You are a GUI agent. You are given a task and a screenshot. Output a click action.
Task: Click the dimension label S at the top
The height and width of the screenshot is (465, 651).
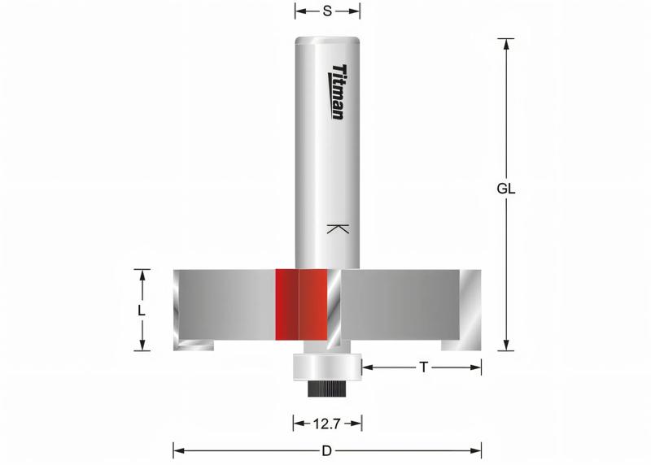326,11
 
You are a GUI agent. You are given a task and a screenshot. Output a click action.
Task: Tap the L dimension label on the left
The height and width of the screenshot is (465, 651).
142,311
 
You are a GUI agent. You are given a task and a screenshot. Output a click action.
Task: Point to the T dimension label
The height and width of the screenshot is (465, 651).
423,367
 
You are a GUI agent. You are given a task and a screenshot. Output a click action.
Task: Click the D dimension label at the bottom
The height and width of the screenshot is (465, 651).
325,450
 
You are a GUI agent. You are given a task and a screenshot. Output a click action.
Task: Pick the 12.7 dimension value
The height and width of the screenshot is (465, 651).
326,423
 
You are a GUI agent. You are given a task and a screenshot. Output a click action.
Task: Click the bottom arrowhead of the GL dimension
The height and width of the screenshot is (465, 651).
507,345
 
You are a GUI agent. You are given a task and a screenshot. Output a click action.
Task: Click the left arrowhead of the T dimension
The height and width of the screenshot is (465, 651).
367,367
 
